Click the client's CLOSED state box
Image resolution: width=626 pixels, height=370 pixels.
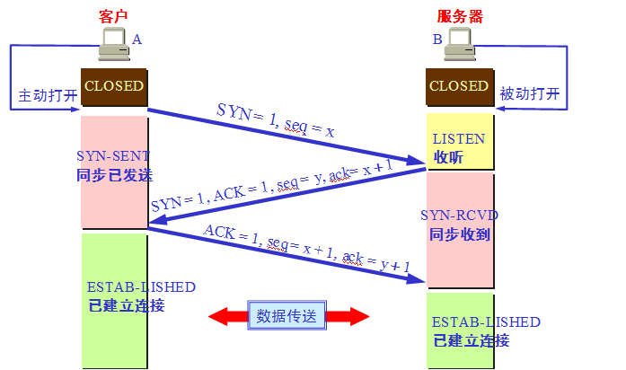113,86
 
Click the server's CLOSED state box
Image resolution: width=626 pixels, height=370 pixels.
459,86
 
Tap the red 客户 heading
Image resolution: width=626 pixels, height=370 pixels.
114,16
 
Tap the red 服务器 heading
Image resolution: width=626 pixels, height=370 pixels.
458,16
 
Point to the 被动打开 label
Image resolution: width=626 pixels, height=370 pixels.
529,93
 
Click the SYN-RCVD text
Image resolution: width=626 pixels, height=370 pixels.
459,216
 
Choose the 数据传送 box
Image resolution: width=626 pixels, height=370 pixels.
287,316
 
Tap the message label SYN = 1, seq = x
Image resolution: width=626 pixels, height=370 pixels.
276,120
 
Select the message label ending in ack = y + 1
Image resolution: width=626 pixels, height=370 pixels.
306,247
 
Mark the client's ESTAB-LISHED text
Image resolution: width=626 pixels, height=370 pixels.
141,287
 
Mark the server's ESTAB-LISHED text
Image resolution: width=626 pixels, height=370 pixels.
486,322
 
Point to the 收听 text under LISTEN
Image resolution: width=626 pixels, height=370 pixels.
447,158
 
